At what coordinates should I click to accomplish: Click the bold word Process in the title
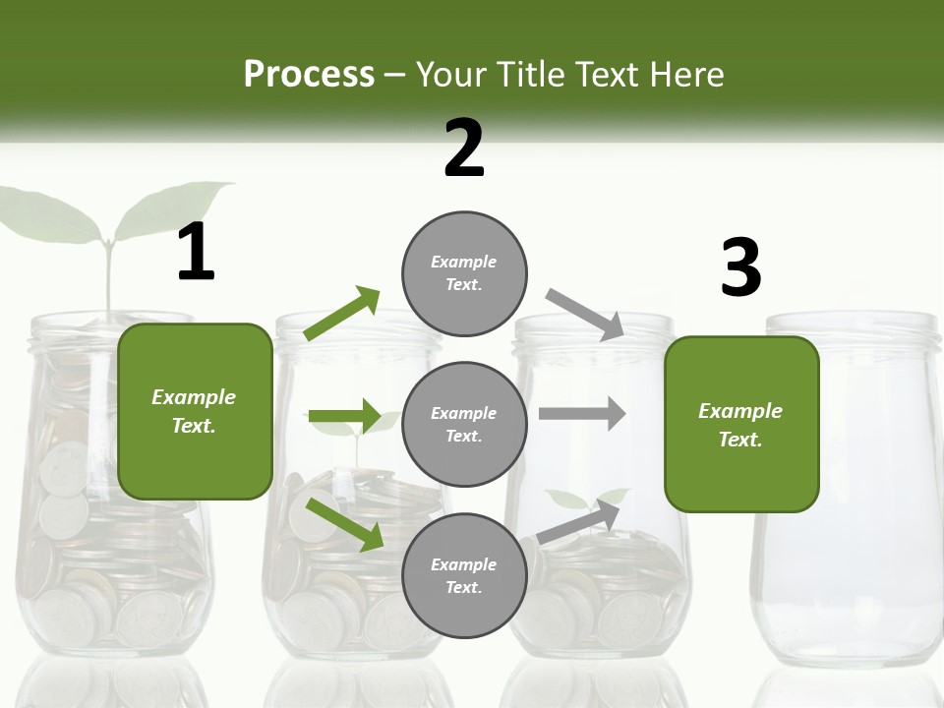[309, 74]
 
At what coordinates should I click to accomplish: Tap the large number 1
[196, 253]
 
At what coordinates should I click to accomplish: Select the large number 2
[464, 148]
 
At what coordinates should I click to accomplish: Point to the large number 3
[740, 267]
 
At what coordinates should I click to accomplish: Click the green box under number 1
[195, 411]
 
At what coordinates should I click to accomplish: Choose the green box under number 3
[741, 424]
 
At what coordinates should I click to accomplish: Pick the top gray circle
[464, 272]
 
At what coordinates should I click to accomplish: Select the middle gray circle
[464, 424]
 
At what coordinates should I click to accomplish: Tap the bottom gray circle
[464, 575]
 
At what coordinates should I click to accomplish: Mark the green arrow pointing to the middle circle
[344, 417]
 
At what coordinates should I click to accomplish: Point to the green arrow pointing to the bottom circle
[344, 523]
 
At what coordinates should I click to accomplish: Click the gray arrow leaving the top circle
[585, 314]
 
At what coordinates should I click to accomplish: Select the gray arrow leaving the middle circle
[582, 414]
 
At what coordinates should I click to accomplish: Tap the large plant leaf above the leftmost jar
[49, 216]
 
